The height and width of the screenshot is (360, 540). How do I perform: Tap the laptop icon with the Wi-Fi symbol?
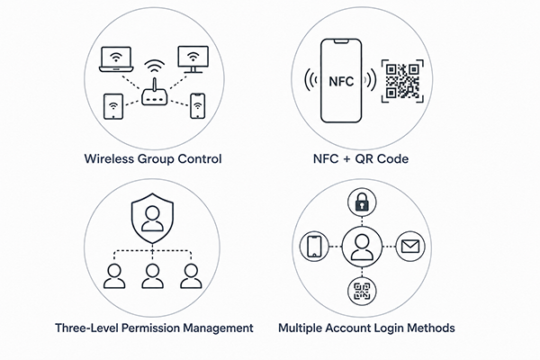(x=116, y=59)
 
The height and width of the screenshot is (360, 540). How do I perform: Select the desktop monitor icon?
(x=193, y=59)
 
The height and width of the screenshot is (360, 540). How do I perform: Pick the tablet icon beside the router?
(x=113, y=106)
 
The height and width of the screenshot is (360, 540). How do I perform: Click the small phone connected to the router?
(x=198, y=106)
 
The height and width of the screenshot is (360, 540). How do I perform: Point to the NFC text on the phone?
(x=341, y=82)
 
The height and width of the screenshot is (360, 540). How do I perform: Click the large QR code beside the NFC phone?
(x=402, y=81)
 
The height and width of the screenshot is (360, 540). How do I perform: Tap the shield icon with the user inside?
(x=152, y=218)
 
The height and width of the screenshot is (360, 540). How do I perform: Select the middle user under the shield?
(x=153, y=276)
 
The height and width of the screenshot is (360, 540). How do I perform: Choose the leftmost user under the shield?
(x=114, y=276)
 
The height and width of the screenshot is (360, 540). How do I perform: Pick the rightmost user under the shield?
(x=191, y=276)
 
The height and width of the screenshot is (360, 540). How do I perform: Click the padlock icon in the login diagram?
(x=362, y=202)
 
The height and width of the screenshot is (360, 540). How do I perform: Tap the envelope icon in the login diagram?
(x=410, y=247)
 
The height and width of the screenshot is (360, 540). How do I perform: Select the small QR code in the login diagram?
(x=362, y=291)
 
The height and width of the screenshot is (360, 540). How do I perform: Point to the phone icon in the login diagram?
(x=314, y=247)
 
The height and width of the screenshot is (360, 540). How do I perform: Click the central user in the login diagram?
(x=362, y=247)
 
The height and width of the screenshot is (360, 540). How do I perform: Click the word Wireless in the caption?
(x=109, y=158)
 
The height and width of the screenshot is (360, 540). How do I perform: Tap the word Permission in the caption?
(x=150, y=328)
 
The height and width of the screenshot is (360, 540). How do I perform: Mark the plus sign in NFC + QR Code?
(x=346, y=159)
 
